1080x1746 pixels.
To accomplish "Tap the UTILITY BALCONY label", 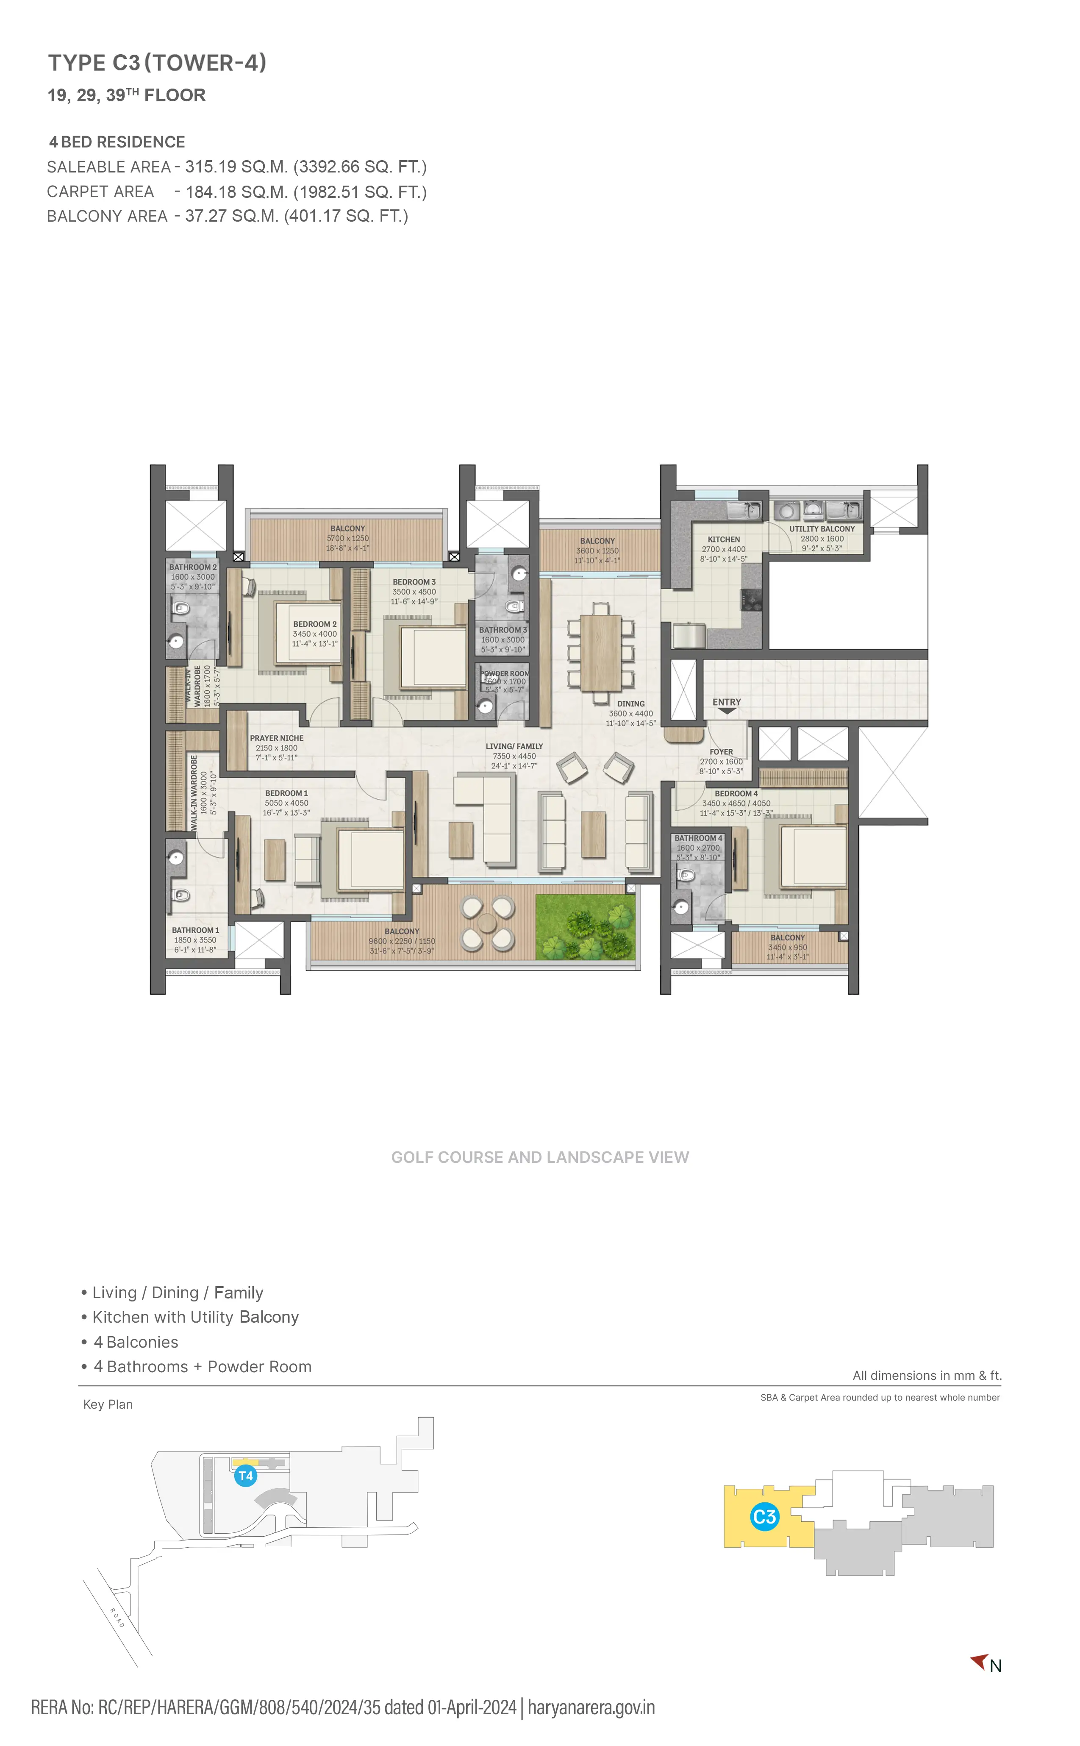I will [x=822, y=528].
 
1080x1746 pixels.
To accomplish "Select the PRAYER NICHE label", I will [x=276, y=738].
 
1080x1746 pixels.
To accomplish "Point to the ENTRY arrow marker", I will [x=727, y=711].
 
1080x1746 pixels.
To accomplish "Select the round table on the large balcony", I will [x=487, y=924].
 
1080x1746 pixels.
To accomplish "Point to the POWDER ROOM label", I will [x=504, y=674].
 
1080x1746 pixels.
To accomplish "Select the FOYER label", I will [x=721, y=751].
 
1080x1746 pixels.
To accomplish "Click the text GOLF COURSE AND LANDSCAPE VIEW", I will [x=540, y=1157].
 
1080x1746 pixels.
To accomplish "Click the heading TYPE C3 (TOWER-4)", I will [x=157, y=63].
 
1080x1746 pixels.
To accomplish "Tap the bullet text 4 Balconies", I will [x=136, y=1343].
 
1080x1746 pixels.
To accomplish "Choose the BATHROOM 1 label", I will [x=195, y=930].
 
